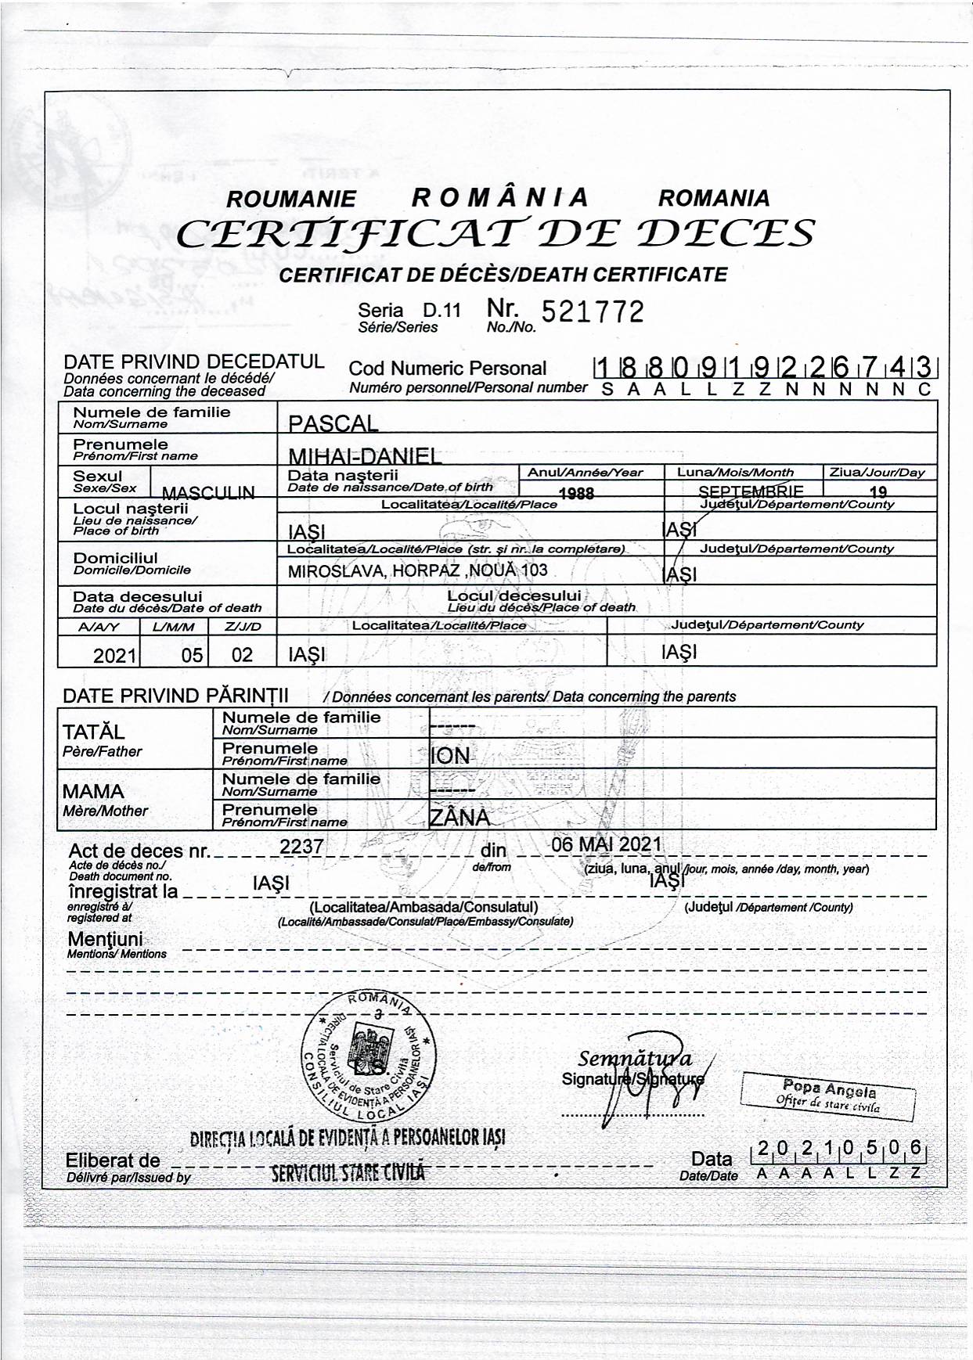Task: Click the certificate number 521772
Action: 593,312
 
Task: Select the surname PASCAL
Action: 333,424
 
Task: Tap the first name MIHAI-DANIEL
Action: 365,456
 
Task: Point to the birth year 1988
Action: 577,493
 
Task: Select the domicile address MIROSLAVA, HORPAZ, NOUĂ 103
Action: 418,571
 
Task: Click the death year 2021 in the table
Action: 115,656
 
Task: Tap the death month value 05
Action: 192,655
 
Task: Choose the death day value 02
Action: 242,655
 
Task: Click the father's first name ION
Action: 450,756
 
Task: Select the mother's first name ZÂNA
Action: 459,818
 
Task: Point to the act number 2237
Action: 301,847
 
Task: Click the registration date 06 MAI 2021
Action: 607,845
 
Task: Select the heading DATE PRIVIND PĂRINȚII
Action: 175,696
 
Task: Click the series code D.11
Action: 442,311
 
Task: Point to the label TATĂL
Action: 93,732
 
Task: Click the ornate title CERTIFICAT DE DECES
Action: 495,233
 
